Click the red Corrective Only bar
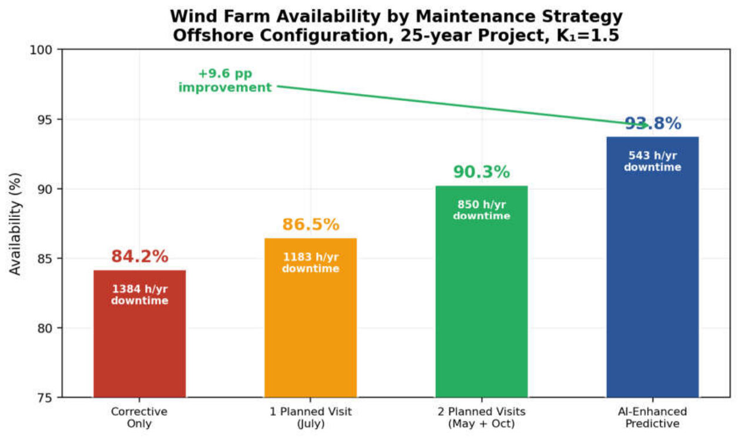[x=139, y=333]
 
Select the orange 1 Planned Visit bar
[x=311, y=318]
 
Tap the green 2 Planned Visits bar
[x=482, y=292]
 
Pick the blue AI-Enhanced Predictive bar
[x=653, y=267]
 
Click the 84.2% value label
[x=140, y=256]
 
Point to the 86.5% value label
[x=311, y=225]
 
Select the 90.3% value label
[x=482, y=172]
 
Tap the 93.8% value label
[x=653, y=123]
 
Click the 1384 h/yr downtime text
[x=140, y=295]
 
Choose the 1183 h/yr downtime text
[x=311, y=263]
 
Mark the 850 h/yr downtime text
[x=482, y=211]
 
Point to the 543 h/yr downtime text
[x=653, y=161]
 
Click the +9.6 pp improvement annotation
[x=225, y=81]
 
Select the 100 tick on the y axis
[x=41, y=50]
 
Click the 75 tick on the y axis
[x=45, y=397]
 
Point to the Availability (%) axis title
[x=15, y=224]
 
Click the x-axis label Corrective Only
[x=139, y=417]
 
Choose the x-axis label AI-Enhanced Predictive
[x=653, y=417]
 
